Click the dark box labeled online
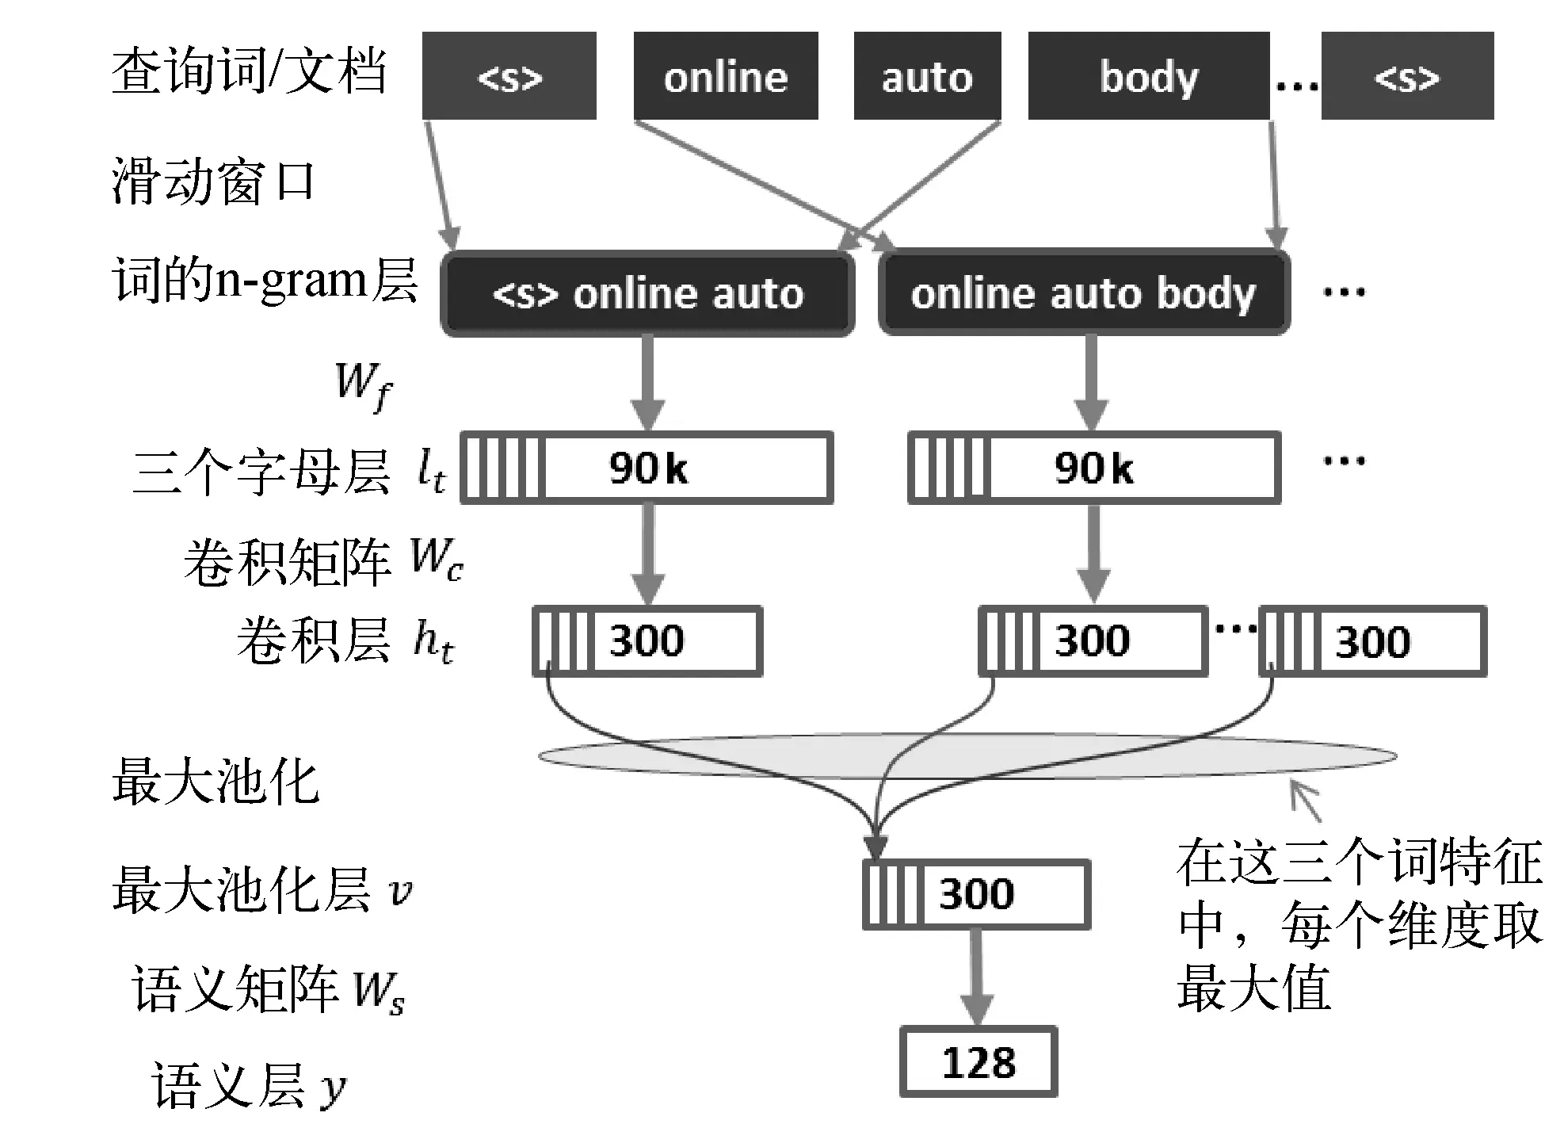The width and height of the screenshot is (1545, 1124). pos(725,76)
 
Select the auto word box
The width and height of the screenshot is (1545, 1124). pos(927,76)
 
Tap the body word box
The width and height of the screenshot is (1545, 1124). pos(1148,76)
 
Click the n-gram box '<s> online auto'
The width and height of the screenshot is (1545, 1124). pos(647,294)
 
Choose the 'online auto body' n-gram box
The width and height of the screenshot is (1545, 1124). pos(1083,294)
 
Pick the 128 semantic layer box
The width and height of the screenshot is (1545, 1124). pos(978,1062)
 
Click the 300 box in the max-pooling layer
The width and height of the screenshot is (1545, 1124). pos(976,894)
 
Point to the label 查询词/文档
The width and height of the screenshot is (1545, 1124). pos(249,71)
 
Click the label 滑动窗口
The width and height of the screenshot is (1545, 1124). pos(212,181)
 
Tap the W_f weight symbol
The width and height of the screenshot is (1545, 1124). pos(363,385)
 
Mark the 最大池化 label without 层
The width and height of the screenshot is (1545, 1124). pos(215,782)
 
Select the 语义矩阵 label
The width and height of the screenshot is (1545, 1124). pos(235,988)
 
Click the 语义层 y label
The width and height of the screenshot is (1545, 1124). pos(248,1085)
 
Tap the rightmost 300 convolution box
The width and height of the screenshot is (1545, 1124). pos(1372,641)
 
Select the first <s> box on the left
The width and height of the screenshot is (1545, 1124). pos(509,76)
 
